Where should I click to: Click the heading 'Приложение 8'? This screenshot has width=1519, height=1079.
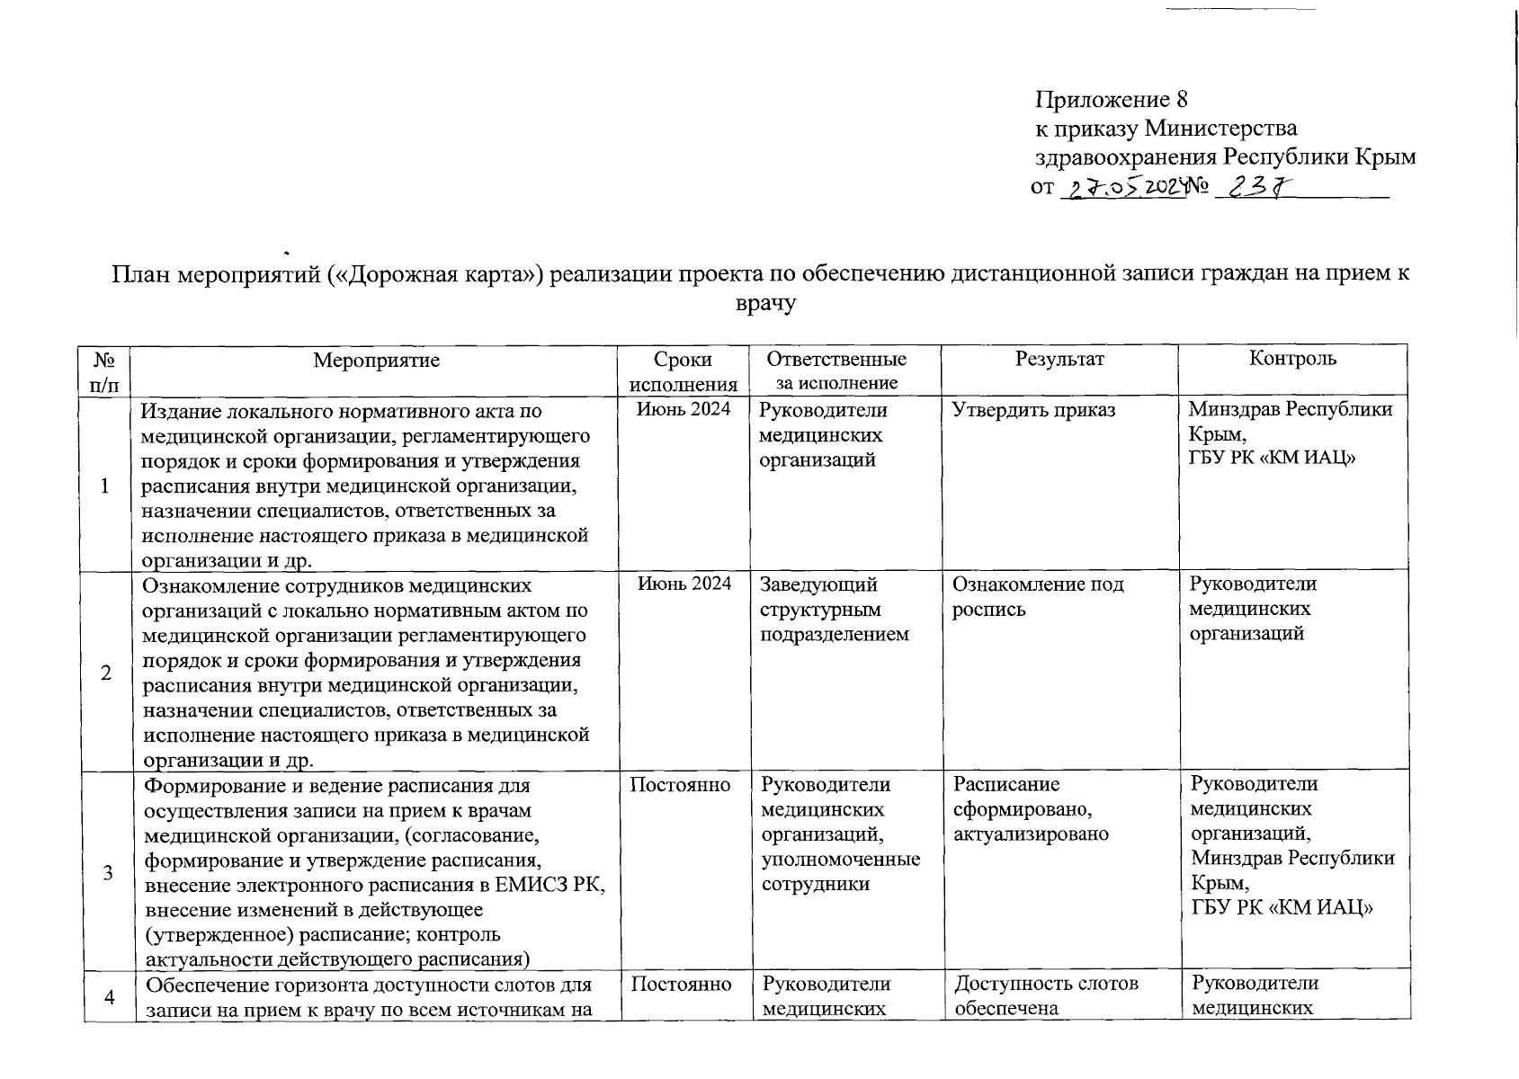pyautogui.click(x=1112, y=99)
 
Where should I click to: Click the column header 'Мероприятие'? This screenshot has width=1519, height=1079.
pyautogui.click(x=377, y=361)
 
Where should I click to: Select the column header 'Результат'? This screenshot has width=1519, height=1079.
pyautogui.click(x=1059, y=359)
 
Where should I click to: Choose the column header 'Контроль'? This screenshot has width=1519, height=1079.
pyautogui.click(x=1292, y=359)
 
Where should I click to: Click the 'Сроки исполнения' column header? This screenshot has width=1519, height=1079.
pyautogui.click(x=684, y=371)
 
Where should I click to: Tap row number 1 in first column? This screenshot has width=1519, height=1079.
pyautogui.click(x=106, y=486)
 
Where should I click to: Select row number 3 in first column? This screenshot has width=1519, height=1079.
pyautogui.click(x=106, y=872)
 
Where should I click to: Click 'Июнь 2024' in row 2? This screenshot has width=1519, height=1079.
pyautogui.click(x=684, y=584)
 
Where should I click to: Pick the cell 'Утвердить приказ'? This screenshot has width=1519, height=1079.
pyautogui.click(x=1034, y=411)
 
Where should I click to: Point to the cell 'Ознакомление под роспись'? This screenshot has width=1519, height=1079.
pyautogui.click(x=1038, y=597)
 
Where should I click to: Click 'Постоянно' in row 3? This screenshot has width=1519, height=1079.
pyautogui.click(x=680, y=785)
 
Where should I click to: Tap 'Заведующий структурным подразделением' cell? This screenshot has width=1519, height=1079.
pyautogui.click(x=835, y=610)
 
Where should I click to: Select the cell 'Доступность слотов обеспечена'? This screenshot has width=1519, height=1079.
pyautogui.click(x=1046, y=995)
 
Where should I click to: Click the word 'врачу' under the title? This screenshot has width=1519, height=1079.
pyautogui.click(x=765, y=304)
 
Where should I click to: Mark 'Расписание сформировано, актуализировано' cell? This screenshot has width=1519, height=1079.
pyautogui.click(x=1031, y=809)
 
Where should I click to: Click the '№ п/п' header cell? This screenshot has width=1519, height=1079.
pyautogui.click(x=106, y=371)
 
